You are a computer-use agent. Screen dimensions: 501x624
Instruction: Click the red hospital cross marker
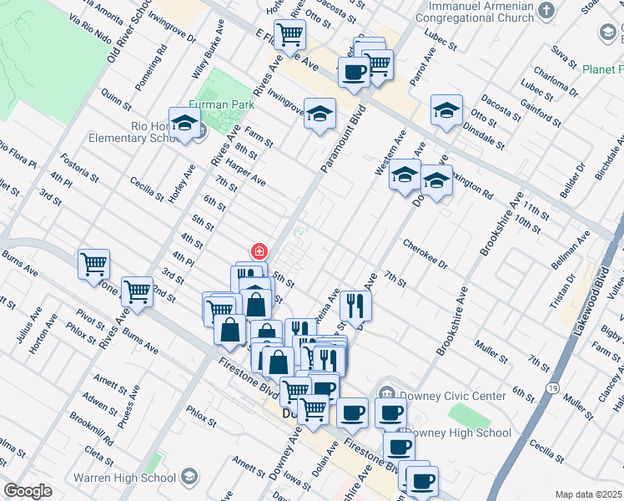(x=259, y=250)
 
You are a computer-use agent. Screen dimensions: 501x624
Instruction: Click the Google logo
(x=28, y=491)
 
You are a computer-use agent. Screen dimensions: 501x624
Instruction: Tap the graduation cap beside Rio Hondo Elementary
(x=184, y=124)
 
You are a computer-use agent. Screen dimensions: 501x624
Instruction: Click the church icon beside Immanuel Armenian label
(x=546, y=10)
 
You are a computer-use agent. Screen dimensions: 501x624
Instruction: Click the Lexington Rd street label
(x=472, y=185)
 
